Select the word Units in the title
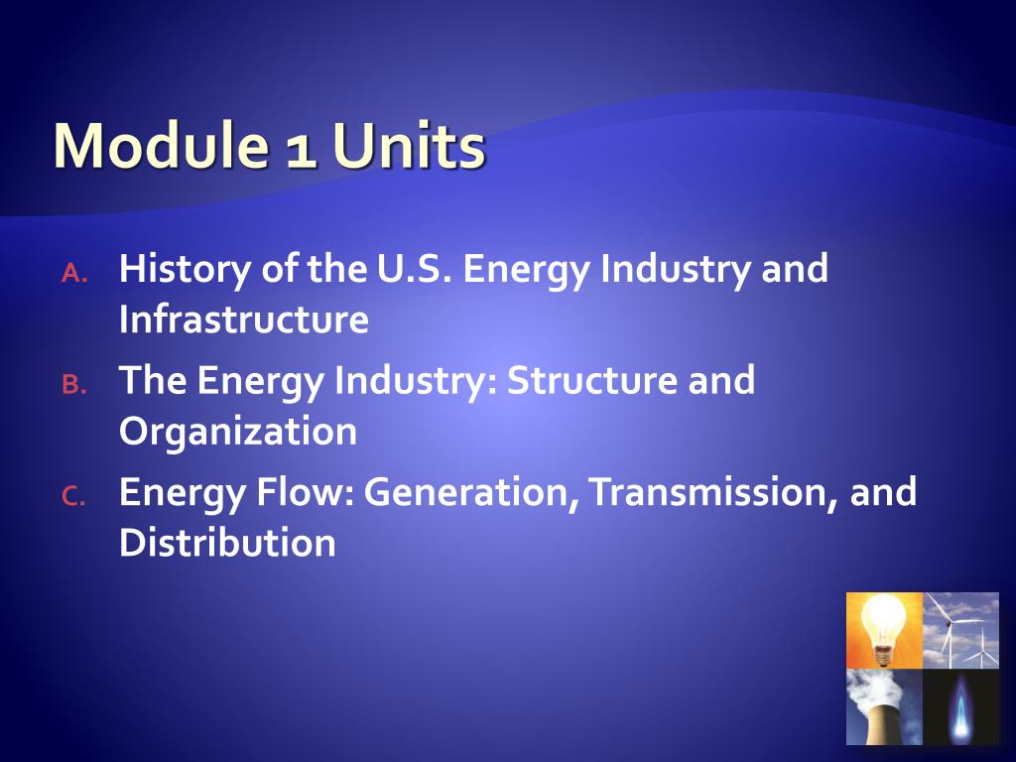coord(409,147)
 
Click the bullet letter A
coord(74,275)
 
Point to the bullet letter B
coord(74,386)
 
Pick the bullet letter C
coord(74,497)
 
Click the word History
coord(186,270)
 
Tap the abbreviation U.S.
coord(411,270)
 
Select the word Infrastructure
coord(244,320)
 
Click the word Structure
coord(576,381)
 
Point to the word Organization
coord(238,433)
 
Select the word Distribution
coord(227,543)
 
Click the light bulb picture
coord(884,630)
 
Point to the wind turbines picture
coord(960,630)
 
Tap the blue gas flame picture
coord(960,706)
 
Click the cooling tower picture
coord(884,706)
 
